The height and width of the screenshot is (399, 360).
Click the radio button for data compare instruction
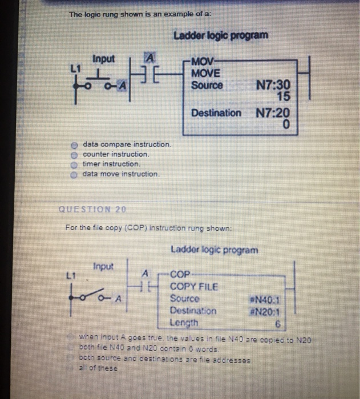click(x=74, y=145)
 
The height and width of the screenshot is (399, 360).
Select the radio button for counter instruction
click(x=74, y=154)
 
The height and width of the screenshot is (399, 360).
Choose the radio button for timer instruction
click(x=74, y=164)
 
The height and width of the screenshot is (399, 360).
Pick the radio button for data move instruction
click(x=74, y=173)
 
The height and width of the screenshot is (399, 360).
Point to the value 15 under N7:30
click(x=282, y=96)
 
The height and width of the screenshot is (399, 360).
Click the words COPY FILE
click(x=194, y=287)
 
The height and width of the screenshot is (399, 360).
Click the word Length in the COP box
click(x=184, y=323)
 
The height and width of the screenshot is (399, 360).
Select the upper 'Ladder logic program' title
click(x=220, y=35)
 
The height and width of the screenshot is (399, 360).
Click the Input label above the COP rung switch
click(x=103, y=266)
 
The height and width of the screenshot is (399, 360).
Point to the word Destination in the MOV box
click(x=216, y=113)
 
